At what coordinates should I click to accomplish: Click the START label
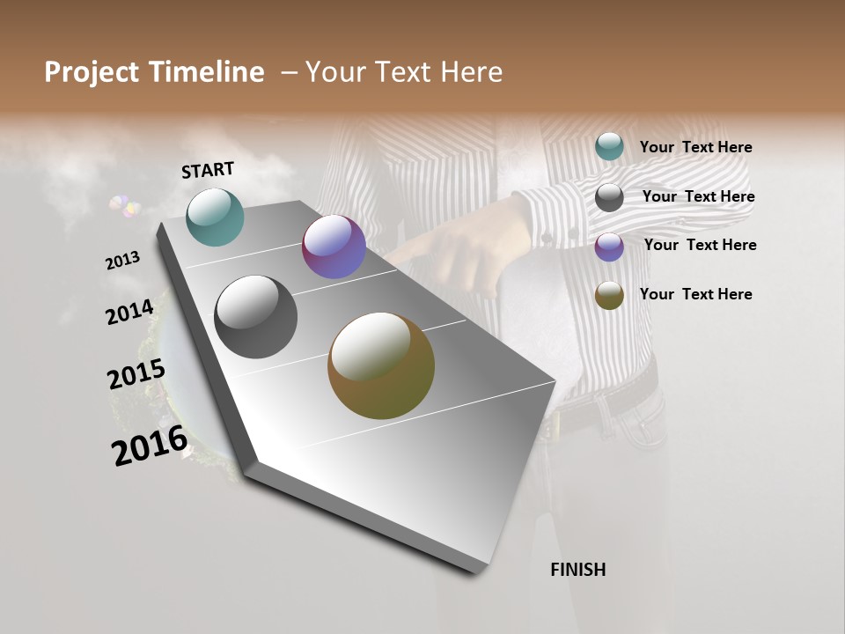tap(208, 170)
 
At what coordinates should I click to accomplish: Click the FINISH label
tap(577, 570)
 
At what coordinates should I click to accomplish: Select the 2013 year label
tap(122, 261)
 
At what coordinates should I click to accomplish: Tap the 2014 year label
tap(129, 312)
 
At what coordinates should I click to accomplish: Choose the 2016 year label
tap(150, 446)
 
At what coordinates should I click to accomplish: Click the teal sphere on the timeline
tap(215, 217)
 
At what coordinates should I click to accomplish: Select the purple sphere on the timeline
tap(334, 247)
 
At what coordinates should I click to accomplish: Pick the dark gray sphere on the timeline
tap(255, 317)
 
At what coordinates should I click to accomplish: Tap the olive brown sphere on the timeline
tap(381, 365)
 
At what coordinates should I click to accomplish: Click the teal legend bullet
tap(609, 146)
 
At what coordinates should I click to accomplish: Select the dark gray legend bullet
tap(609, 197)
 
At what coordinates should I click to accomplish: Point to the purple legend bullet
tap(609, 247)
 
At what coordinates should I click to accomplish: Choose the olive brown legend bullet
tap(609, 295)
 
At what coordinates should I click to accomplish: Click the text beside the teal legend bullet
tap(695, 148)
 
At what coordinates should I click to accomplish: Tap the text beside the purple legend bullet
tap(700, 245)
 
